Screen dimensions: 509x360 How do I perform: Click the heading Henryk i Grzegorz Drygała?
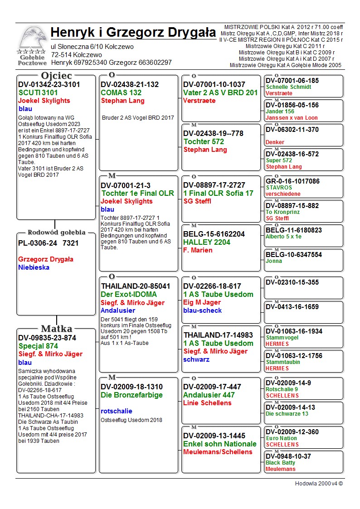133,33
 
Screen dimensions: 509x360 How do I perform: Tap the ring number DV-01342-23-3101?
49,84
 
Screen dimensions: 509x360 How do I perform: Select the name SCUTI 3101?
38,92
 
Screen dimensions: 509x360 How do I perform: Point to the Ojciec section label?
56,75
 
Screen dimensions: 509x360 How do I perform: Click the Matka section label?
56,329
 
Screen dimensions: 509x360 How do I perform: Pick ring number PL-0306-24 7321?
49,243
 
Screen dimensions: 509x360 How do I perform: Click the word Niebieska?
34,267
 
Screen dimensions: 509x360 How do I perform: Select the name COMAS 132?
121,92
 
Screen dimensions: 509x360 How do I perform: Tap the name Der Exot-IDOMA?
129,294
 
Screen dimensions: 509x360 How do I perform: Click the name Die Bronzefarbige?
132,395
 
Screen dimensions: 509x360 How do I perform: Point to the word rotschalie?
117,411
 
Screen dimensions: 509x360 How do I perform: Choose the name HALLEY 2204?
207,242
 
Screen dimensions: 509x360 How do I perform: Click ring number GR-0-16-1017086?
292,181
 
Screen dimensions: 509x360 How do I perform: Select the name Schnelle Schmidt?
288,87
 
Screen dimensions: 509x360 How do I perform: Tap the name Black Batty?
280,463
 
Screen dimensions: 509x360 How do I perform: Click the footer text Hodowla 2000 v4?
319,483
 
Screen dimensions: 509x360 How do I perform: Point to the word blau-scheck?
203,310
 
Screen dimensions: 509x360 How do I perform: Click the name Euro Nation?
281,438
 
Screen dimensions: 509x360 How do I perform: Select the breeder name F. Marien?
198,250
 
